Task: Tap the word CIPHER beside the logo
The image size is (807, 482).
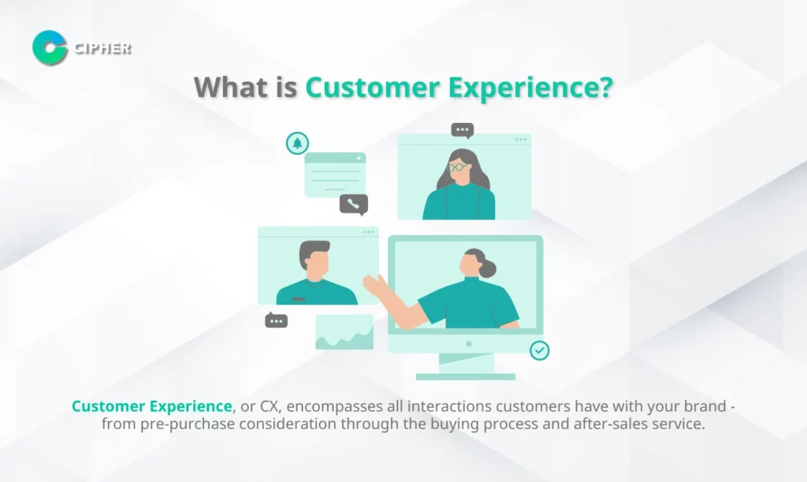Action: [x=102, y=48]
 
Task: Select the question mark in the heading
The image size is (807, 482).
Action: [x=606, y=87]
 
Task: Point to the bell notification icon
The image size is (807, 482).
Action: [x=297, y=143]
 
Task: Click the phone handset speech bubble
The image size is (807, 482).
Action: [x=354, y=204]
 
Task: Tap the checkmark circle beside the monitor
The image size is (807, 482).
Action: [x=539, y=351]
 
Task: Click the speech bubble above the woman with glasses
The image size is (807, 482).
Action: [x=462, y=130]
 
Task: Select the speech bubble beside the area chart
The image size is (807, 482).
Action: [x=276, y=320]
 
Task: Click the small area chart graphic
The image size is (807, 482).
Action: [x=344, y=333]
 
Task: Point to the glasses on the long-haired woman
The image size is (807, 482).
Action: [x=458, y=167]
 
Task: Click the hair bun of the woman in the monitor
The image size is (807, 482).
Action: [x=487, y=268]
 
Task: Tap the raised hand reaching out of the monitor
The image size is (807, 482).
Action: [x=375, y=286]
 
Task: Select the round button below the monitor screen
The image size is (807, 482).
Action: [x=468, y=344]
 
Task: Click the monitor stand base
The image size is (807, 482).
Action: [x=465, y=376]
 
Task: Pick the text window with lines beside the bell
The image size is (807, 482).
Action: [x=335, y=174]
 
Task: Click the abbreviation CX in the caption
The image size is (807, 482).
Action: [x=270, y=406]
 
